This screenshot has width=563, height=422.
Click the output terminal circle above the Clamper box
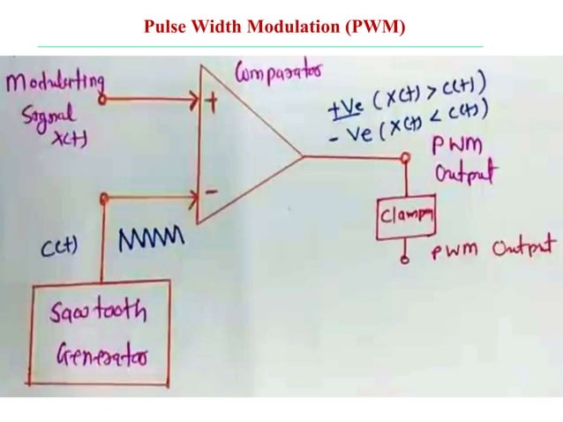click(x=407, y=159)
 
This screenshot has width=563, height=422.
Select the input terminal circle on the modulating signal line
click(x=102, y=100)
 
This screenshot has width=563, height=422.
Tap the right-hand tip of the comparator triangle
click(x=304, y=158)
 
